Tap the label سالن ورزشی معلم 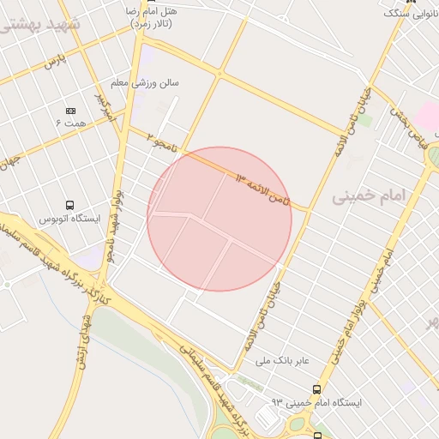(144, 84)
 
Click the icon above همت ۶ (70, 111)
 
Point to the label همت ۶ (71, 124)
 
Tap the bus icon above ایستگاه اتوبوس (69, 205)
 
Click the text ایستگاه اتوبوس (69, 219)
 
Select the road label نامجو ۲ (164, 141)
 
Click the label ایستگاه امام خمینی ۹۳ (317, 402)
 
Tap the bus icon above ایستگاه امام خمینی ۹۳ (317, 389)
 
